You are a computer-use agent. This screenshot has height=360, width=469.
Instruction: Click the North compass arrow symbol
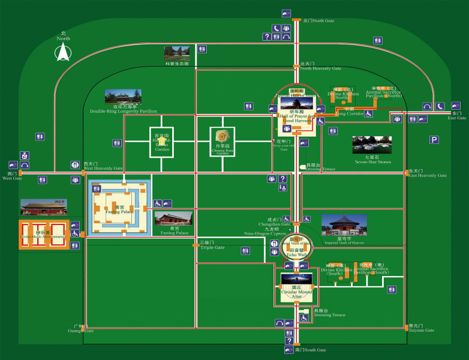tap(62, 53)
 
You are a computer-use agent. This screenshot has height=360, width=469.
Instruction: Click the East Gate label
tap(456, 118)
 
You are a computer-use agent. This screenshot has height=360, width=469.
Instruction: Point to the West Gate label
tap(12, 178)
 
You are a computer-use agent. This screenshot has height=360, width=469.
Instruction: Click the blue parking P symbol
tap(434, 140)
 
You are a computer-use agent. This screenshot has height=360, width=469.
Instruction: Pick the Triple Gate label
tap(212, 247)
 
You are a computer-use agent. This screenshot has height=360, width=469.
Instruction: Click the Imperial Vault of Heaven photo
tap(344, 225)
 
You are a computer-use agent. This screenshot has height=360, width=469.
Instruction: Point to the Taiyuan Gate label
tap(422, 330)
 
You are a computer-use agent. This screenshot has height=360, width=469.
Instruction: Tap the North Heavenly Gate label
tap(320, 68)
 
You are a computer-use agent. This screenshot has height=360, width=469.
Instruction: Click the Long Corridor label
tap(349, 113)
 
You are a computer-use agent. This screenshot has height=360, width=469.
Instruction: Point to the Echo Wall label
tap(293, 255)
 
